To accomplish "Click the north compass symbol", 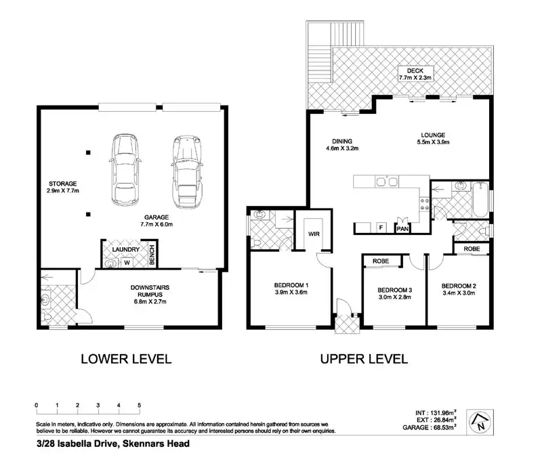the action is pos(480,423).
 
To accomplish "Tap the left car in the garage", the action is pos(125,169).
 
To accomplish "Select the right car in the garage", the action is pos(187,172).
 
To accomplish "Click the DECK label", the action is pos(415,70).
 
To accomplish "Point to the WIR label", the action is pos(314,234).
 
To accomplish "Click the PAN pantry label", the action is pos(402,229).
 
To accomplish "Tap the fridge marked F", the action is pos(381,228).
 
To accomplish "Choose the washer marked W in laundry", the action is pos(127,263).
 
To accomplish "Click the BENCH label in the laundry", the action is pos(152,255).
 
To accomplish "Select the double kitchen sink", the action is pos(387,181).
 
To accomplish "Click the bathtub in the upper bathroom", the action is pos(480,200).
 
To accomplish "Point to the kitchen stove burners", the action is pos(425,205).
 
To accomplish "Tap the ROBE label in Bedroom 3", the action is pos(381,261).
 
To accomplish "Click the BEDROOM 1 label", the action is pos(291,285).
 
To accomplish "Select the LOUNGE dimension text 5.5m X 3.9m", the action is pos(433,142).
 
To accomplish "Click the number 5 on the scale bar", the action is pos(140,405).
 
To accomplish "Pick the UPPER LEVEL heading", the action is pos(364,359).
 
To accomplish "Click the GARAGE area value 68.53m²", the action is pos(444,427).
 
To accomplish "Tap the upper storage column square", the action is pos(89,152).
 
